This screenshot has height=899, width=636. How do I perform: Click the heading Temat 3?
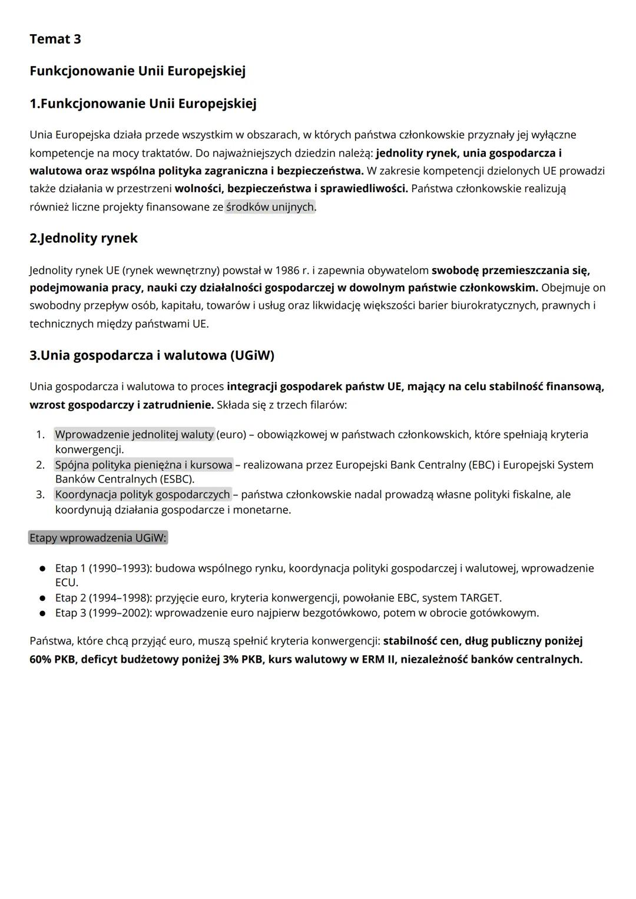coord(55,39)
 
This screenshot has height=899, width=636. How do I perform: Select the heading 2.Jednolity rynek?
coord(84,238)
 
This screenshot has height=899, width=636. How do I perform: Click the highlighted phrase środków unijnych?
coord(270,207)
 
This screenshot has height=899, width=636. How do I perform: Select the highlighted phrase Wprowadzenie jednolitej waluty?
coord(134,435)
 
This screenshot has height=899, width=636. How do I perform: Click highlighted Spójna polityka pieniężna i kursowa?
coord(144,465)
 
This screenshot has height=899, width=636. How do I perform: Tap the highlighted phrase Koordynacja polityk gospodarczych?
coord(143,494)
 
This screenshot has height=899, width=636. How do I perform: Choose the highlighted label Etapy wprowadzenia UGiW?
coord(98,538)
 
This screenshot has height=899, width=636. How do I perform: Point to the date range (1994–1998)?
coord(120,598)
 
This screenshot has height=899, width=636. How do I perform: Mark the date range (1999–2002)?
coord(120,613)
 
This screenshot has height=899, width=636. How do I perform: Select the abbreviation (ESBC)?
coord(175,480)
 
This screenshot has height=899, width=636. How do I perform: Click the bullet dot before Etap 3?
coord(42,613)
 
